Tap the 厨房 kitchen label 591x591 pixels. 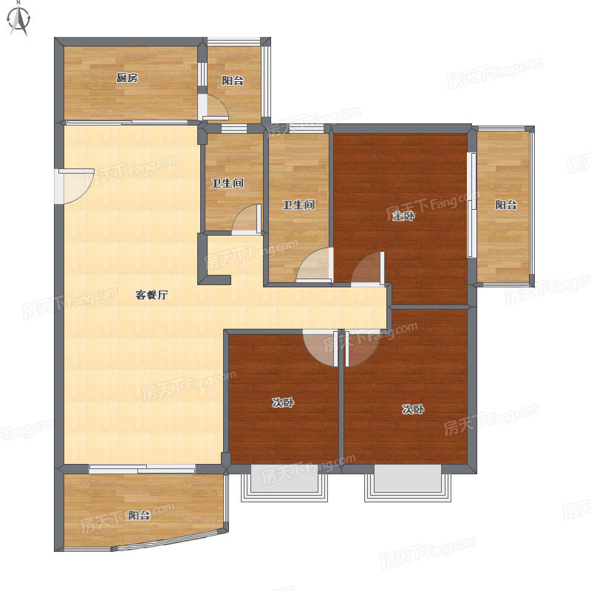pyautogui.click(x=127, y=78)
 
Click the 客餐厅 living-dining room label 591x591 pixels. pyautogui.click(x=151, y=295)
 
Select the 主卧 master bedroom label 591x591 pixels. pyautogui.click(x=403, y=216)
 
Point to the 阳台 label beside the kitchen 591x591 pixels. pyautogui.click(x=233, y=81)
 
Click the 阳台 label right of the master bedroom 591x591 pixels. pyautogui.click(x=506, y=205)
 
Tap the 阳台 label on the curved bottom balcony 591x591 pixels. pyautogui.click(x=139, y=515)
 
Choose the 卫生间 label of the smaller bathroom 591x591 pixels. pyautogui.click(x=228, y=183)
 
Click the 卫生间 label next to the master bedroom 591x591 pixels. pyautogui.click(x=298, y=205)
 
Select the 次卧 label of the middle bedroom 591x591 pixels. pyautogui.click(x=283, y=403)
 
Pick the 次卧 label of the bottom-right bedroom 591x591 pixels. pyautogui.click(x=413, y=409)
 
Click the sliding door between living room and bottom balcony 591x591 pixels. pyautogui.click(x=142, y=469)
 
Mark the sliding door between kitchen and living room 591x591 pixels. pyautogui.click(x=127, y=123)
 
